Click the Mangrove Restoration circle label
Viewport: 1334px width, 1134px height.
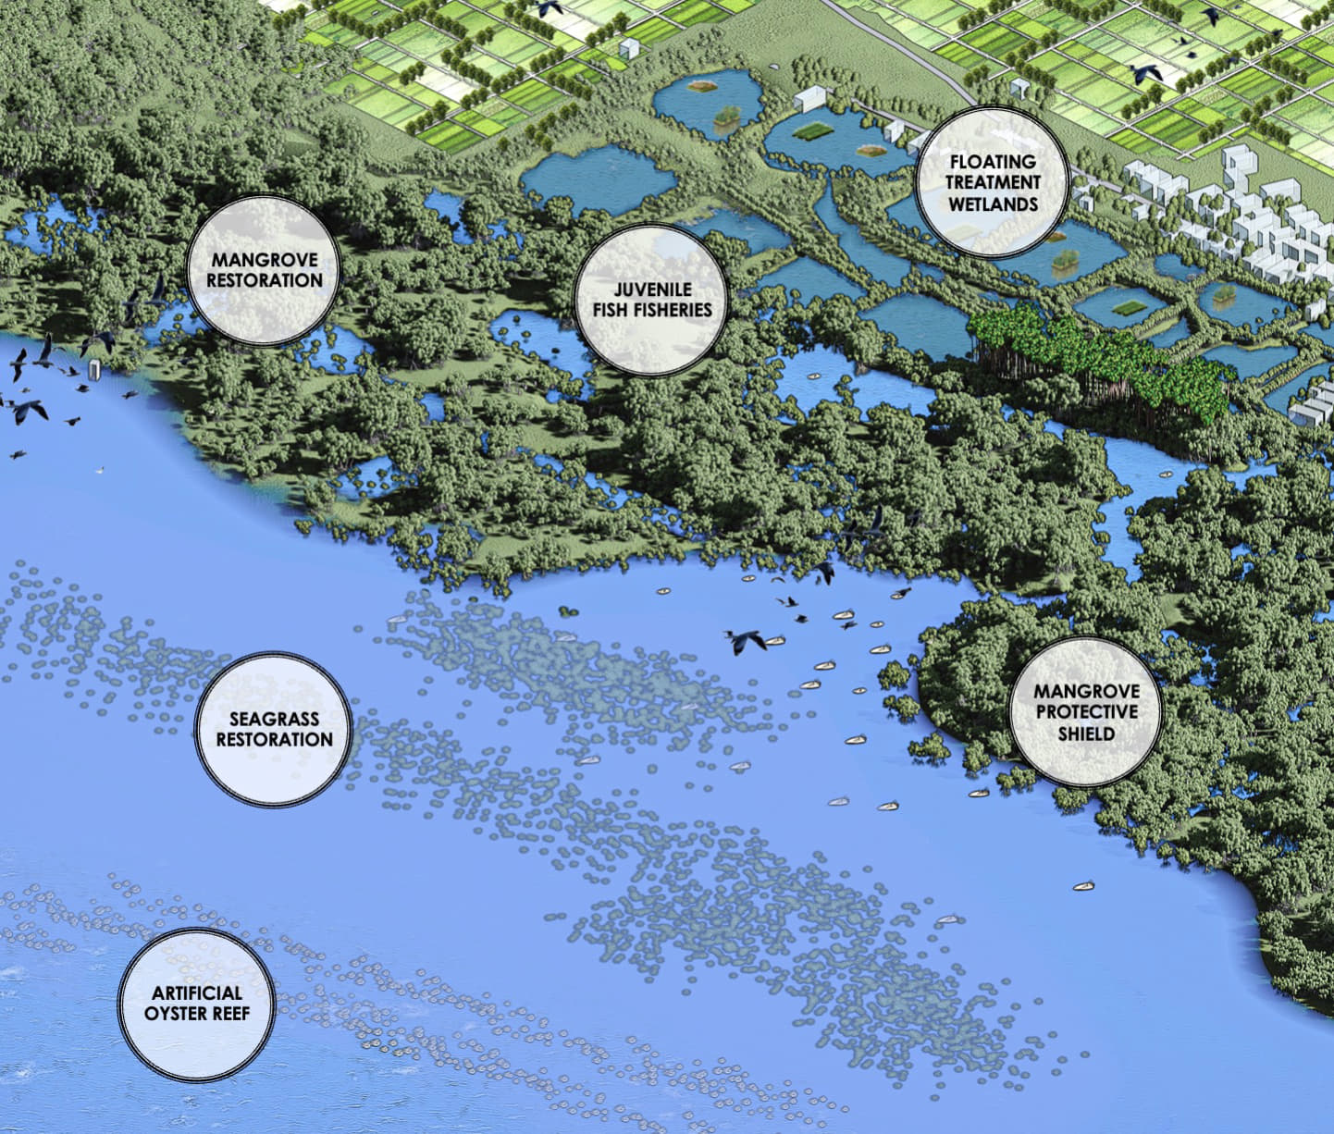click(265, 270)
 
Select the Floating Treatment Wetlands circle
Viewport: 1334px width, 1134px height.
click(992, 182)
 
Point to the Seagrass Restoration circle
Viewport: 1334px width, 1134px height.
click(274, 729)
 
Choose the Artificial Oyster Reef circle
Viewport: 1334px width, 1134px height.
click(197, 1004)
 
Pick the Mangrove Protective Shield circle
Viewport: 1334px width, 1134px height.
click(1086, 712)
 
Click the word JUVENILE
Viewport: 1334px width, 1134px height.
click(653, 290)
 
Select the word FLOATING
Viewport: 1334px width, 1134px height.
click(993, 162)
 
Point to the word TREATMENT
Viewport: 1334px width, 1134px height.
click(993, 182)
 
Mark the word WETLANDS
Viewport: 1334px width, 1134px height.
click(993, 203)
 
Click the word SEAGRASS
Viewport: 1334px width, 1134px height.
click(274, 719)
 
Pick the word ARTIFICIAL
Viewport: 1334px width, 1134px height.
click(197, 993)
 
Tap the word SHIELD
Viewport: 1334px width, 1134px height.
click(1086, 733)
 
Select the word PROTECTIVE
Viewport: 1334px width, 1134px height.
click(1086, 712)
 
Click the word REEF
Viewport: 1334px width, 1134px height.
click(232, 1013)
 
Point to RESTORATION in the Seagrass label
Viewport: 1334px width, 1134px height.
click(274, 740)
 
